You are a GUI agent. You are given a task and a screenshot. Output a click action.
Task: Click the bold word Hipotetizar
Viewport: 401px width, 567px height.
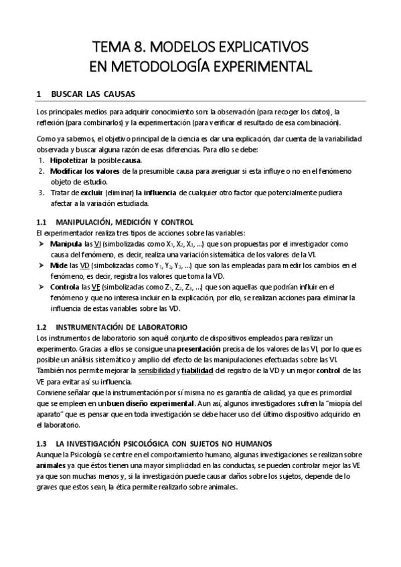pyautogui.click(x=70, y=161)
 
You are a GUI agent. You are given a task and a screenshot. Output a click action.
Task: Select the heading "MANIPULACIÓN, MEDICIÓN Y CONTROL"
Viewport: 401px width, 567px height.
pyautogui.click(x=125, y=221)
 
